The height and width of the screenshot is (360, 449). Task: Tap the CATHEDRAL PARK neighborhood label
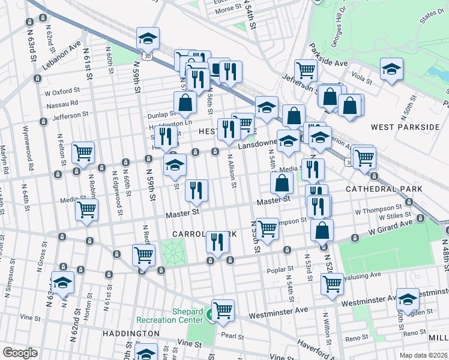tap(384, 189)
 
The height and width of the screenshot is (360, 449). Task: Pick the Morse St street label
tap(228, 10)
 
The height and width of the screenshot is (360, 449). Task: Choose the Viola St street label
tap(362, 77)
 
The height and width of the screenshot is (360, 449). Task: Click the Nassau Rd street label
tap(62, 103)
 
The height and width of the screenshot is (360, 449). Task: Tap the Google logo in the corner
tap(20, 353)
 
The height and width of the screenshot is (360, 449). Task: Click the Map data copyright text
tap(424, 355)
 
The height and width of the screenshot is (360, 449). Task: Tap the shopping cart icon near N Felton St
tap(83, 152)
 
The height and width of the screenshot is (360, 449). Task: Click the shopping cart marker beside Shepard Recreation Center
tap(223, 310)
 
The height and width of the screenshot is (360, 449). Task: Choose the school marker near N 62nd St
tap(62, 283)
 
